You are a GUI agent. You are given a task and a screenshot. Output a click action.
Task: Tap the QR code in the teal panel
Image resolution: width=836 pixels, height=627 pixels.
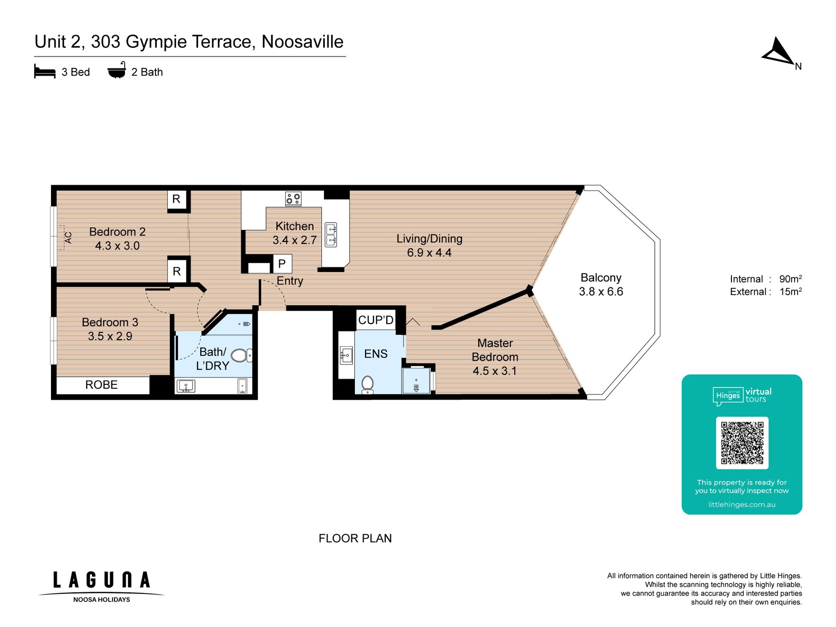tap(742, 442)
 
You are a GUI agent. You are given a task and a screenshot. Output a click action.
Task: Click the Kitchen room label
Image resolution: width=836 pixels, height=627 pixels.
tap(294, 226)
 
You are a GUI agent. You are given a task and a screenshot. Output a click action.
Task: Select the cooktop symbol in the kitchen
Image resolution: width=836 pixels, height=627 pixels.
tap(293, 199)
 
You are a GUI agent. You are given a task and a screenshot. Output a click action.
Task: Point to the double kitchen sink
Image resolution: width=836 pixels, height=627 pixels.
tap(331, 235)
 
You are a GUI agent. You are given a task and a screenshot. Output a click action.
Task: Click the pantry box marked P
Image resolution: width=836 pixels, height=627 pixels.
tap(282, 264)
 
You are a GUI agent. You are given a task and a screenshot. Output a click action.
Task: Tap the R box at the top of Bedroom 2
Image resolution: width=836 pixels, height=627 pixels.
tap(176, 199)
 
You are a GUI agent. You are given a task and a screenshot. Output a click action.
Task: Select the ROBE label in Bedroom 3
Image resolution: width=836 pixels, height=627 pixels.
tap(101, 385)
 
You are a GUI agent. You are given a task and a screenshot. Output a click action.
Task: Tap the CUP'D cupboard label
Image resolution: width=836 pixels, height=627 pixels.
tap(376, 320)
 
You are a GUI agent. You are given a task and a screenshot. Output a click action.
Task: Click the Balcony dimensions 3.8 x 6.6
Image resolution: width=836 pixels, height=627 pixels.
tap(601, 292)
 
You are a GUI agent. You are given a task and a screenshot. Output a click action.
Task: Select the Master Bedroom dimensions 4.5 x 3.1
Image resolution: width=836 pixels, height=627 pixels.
tap(495, 371)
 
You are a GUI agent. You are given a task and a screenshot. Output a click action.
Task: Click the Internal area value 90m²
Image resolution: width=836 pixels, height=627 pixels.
tap(790, 279)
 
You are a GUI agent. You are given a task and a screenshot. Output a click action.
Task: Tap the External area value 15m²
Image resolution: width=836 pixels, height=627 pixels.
tap(790, 291)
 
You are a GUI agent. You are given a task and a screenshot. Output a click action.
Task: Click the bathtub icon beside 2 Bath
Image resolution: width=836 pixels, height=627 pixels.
tap(117, 70)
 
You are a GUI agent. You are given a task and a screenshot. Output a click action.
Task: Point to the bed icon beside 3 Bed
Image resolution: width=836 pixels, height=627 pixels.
tap(45, 72)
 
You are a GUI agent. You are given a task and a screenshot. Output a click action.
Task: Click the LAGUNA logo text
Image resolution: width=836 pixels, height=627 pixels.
tap(102, 580)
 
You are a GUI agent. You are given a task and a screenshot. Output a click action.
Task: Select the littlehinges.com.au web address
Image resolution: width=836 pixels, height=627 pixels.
tap(742, 505)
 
